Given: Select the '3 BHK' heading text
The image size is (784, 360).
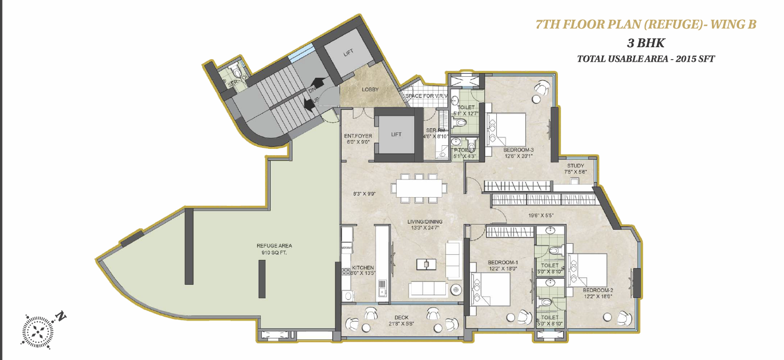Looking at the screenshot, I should (646, 43).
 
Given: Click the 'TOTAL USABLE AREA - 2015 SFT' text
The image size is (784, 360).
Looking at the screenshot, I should (646, 59).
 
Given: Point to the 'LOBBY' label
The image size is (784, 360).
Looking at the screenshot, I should (370, 90).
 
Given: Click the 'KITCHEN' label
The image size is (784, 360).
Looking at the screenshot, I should (363, 268).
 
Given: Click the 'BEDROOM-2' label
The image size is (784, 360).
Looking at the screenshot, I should (598, 290).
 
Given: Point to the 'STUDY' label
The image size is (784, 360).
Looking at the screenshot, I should (576, 165).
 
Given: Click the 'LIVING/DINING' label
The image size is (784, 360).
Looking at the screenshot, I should (425, 221).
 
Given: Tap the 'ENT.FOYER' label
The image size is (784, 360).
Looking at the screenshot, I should (358, 136).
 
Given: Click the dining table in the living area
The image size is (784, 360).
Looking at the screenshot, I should (419, 188).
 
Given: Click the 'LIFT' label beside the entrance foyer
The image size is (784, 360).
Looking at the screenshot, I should (396, 134).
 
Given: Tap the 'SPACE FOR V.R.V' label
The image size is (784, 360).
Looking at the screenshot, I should (426, 96).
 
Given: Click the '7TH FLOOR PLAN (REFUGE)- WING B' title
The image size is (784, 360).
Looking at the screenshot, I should (646, 24).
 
